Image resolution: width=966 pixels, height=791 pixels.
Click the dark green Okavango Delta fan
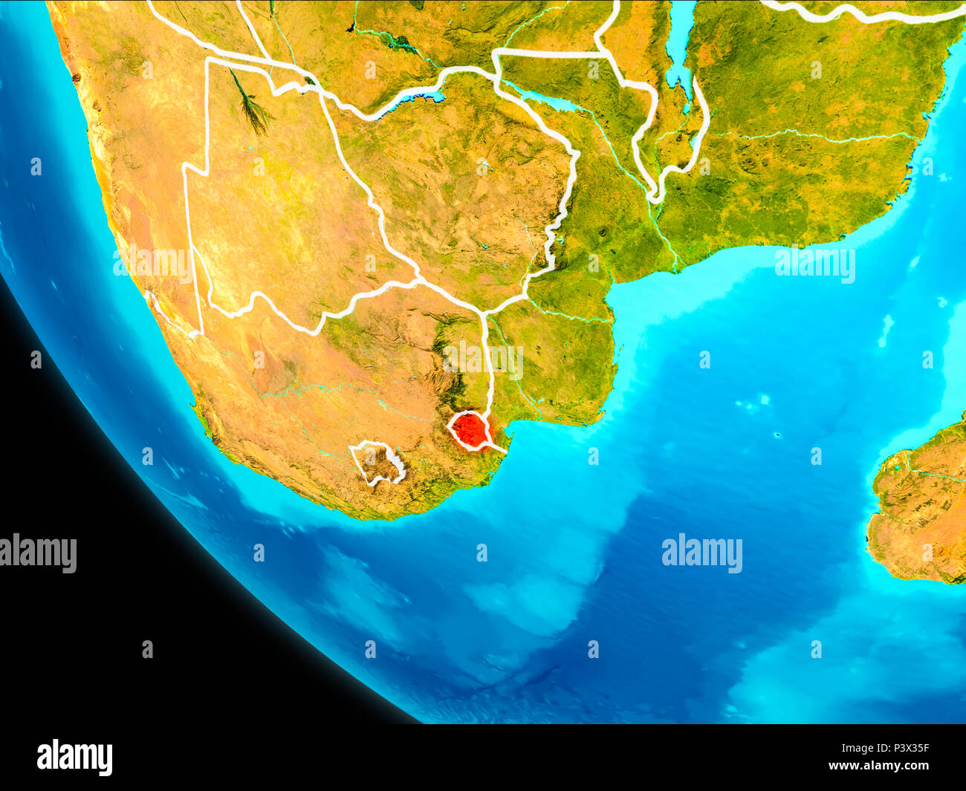(253, 108)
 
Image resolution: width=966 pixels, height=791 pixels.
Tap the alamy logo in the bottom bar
(74, 757)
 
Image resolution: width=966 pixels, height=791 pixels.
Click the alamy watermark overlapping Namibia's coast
(152, 264)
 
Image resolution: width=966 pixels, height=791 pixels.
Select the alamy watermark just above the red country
(483, 359)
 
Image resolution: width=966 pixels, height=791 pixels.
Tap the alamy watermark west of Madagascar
(701, 554)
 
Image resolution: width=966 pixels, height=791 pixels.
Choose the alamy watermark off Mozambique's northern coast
(814, 264)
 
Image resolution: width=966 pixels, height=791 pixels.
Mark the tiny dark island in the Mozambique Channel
(777, 435)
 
